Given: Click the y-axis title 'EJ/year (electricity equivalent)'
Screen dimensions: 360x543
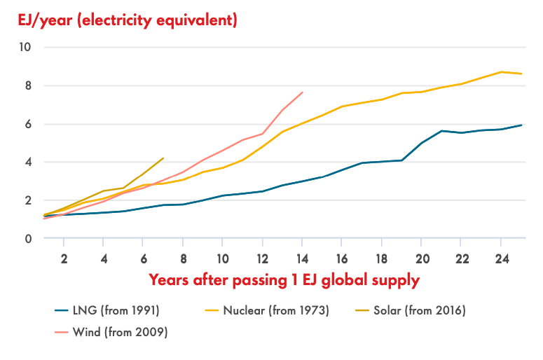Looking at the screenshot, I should (128, 20).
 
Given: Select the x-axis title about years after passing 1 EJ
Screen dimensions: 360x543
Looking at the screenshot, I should (284, 280).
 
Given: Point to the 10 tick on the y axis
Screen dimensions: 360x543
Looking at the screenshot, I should (27, 48).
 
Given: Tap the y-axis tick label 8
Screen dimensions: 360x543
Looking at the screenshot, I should (28, 86).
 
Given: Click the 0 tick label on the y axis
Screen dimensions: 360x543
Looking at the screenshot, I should (28, 239).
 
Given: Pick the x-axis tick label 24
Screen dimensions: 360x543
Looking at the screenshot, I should (500, 257).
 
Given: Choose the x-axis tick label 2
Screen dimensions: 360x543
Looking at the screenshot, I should (64, 257).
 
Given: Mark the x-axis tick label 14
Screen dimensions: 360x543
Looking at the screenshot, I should (302, 257).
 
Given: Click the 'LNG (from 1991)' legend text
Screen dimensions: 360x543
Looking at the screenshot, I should (114, 309).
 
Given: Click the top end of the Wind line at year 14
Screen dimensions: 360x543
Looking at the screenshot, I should (302, 92).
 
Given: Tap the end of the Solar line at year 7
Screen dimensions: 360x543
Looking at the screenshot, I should (163, 158).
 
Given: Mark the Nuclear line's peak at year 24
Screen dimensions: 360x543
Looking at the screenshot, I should (500, 71).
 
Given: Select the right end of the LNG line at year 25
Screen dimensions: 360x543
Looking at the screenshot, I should (521, 125).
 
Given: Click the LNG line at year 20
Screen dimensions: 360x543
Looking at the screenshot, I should (421, 143).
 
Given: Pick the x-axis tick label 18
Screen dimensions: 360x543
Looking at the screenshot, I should (381, 257).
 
